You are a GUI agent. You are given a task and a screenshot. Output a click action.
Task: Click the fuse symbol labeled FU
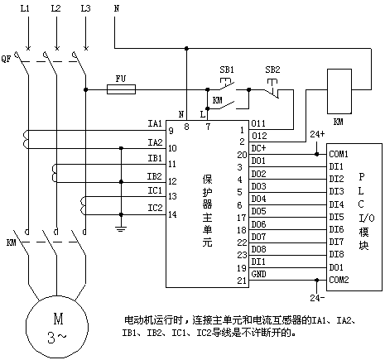point(121,89)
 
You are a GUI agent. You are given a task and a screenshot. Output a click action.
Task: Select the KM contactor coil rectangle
point(339,91)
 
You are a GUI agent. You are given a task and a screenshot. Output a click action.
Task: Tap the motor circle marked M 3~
point(57,328)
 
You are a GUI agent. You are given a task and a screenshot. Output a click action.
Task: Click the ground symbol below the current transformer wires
point(121,228)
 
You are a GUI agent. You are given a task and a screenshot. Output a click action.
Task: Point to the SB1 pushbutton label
point(227,70)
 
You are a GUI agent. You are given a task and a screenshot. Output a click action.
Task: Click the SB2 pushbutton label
point(272,70)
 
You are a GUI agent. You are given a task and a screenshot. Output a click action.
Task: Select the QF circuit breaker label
point(6,59)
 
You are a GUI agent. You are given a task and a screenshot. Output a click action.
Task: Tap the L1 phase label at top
point(25,8)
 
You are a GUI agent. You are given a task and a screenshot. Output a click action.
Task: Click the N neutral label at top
point(117,8)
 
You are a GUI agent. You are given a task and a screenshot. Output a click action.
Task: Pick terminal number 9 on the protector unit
point(171,131)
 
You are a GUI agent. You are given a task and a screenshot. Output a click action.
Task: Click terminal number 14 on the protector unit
point(172,214)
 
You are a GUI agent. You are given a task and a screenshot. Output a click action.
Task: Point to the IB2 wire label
point(155,176)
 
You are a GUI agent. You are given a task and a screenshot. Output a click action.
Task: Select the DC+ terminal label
point(258,148)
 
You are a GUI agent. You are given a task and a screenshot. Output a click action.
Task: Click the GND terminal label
point(258,274)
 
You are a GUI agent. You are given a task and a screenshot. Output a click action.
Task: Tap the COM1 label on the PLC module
point(339,154)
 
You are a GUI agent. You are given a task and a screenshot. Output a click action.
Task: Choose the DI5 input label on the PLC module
point(336,217)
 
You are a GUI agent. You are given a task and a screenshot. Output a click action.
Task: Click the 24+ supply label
point(317,134)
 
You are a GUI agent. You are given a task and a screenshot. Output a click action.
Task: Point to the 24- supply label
point(317,298)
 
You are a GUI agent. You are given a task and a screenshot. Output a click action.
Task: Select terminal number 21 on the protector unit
point(242,281)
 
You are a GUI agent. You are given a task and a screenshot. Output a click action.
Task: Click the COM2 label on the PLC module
point(339,280)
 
